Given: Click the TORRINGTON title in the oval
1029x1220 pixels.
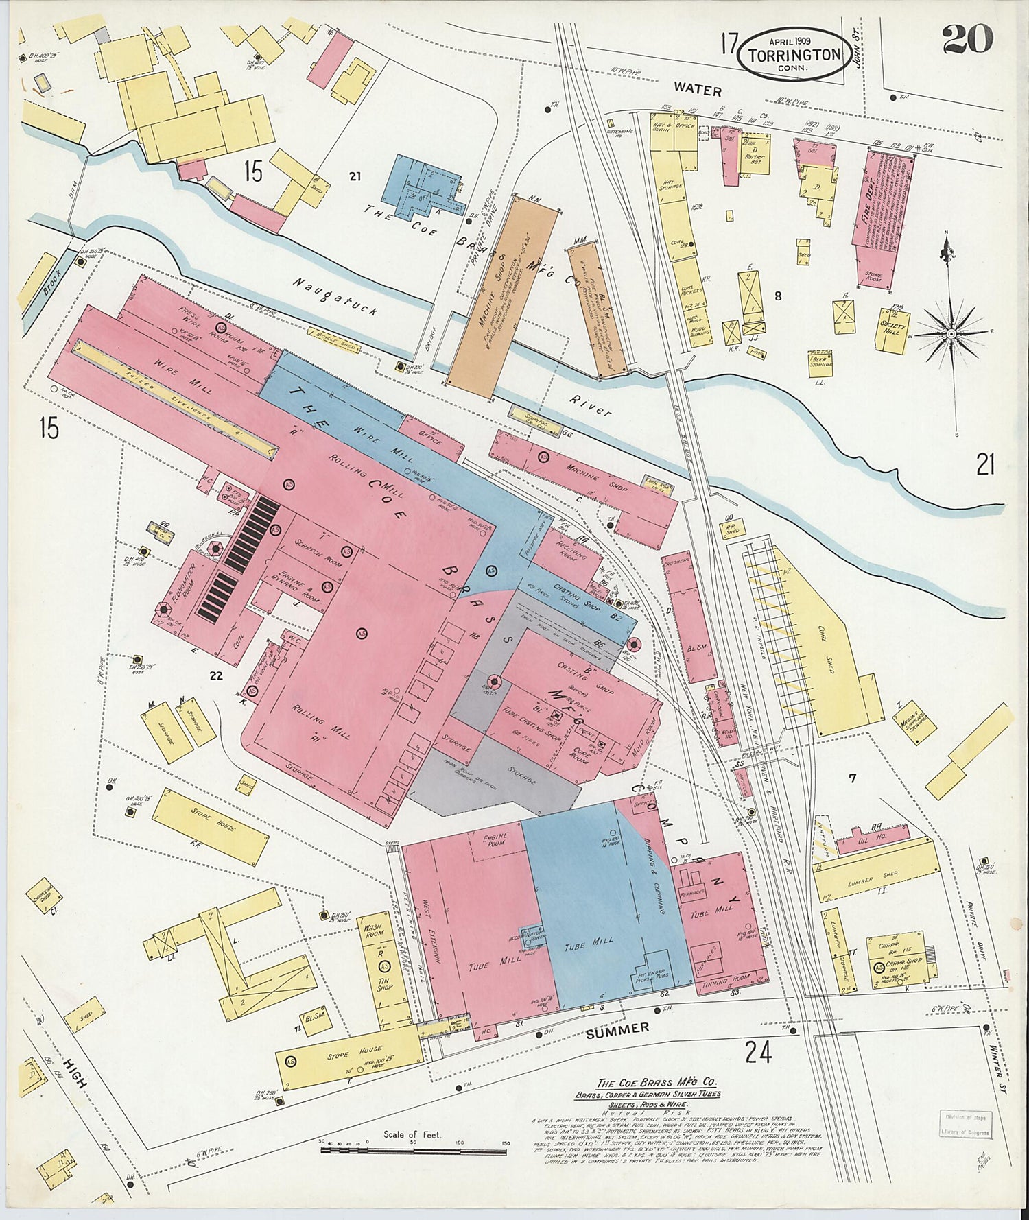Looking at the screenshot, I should [x=794, y=54].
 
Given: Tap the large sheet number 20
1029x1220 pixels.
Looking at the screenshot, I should [x=967, y=39].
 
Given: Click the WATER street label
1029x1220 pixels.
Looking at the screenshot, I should [x=697, y=90].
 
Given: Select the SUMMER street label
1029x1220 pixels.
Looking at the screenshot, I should [x=618, y=1028].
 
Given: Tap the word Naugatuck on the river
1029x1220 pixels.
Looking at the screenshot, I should [x=335, y=296].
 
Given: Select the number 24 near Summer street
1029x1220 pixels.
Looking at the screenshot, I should [x=758, y=1051].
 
